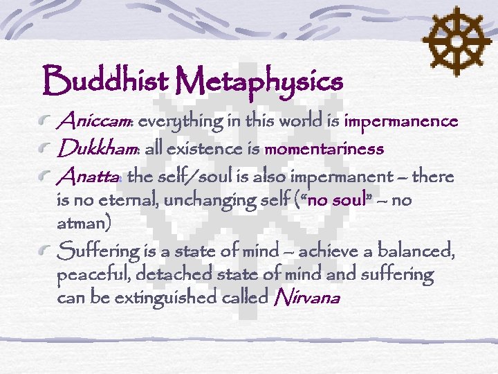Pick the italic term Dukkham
point(98,149)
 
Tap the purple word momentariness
point(324,150)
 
